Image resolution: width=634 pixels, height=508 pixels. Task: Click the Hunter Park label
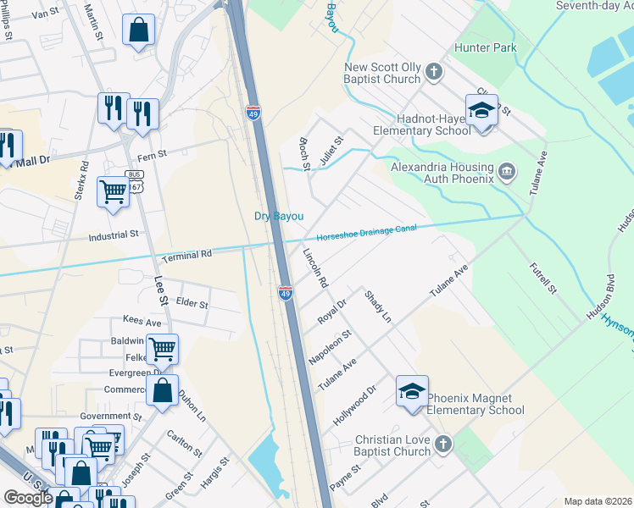coord(486,48)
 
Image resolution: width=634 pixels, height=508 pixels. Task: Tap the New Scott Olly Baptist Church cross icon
coord(433,71)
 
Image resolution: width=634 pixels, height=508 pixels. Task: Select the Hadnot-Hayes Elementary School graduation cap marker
coord(481,111)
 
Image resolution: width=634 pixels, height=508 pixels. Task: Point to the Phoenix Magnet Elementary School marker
coord(412,391)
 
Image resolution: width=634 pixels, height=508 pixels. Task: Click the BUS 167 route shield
coord(134,176)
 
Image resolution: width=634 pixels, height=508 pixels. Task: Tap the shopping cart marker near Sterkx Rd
coord(113,192)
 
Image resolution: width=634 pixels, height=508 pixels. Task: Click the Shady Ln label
coord(377,306)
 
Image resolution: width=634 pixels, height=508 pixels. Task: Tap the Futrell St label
coord(542,277)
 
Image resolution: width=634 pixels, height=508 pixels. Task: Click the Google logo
coord(28,498)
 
